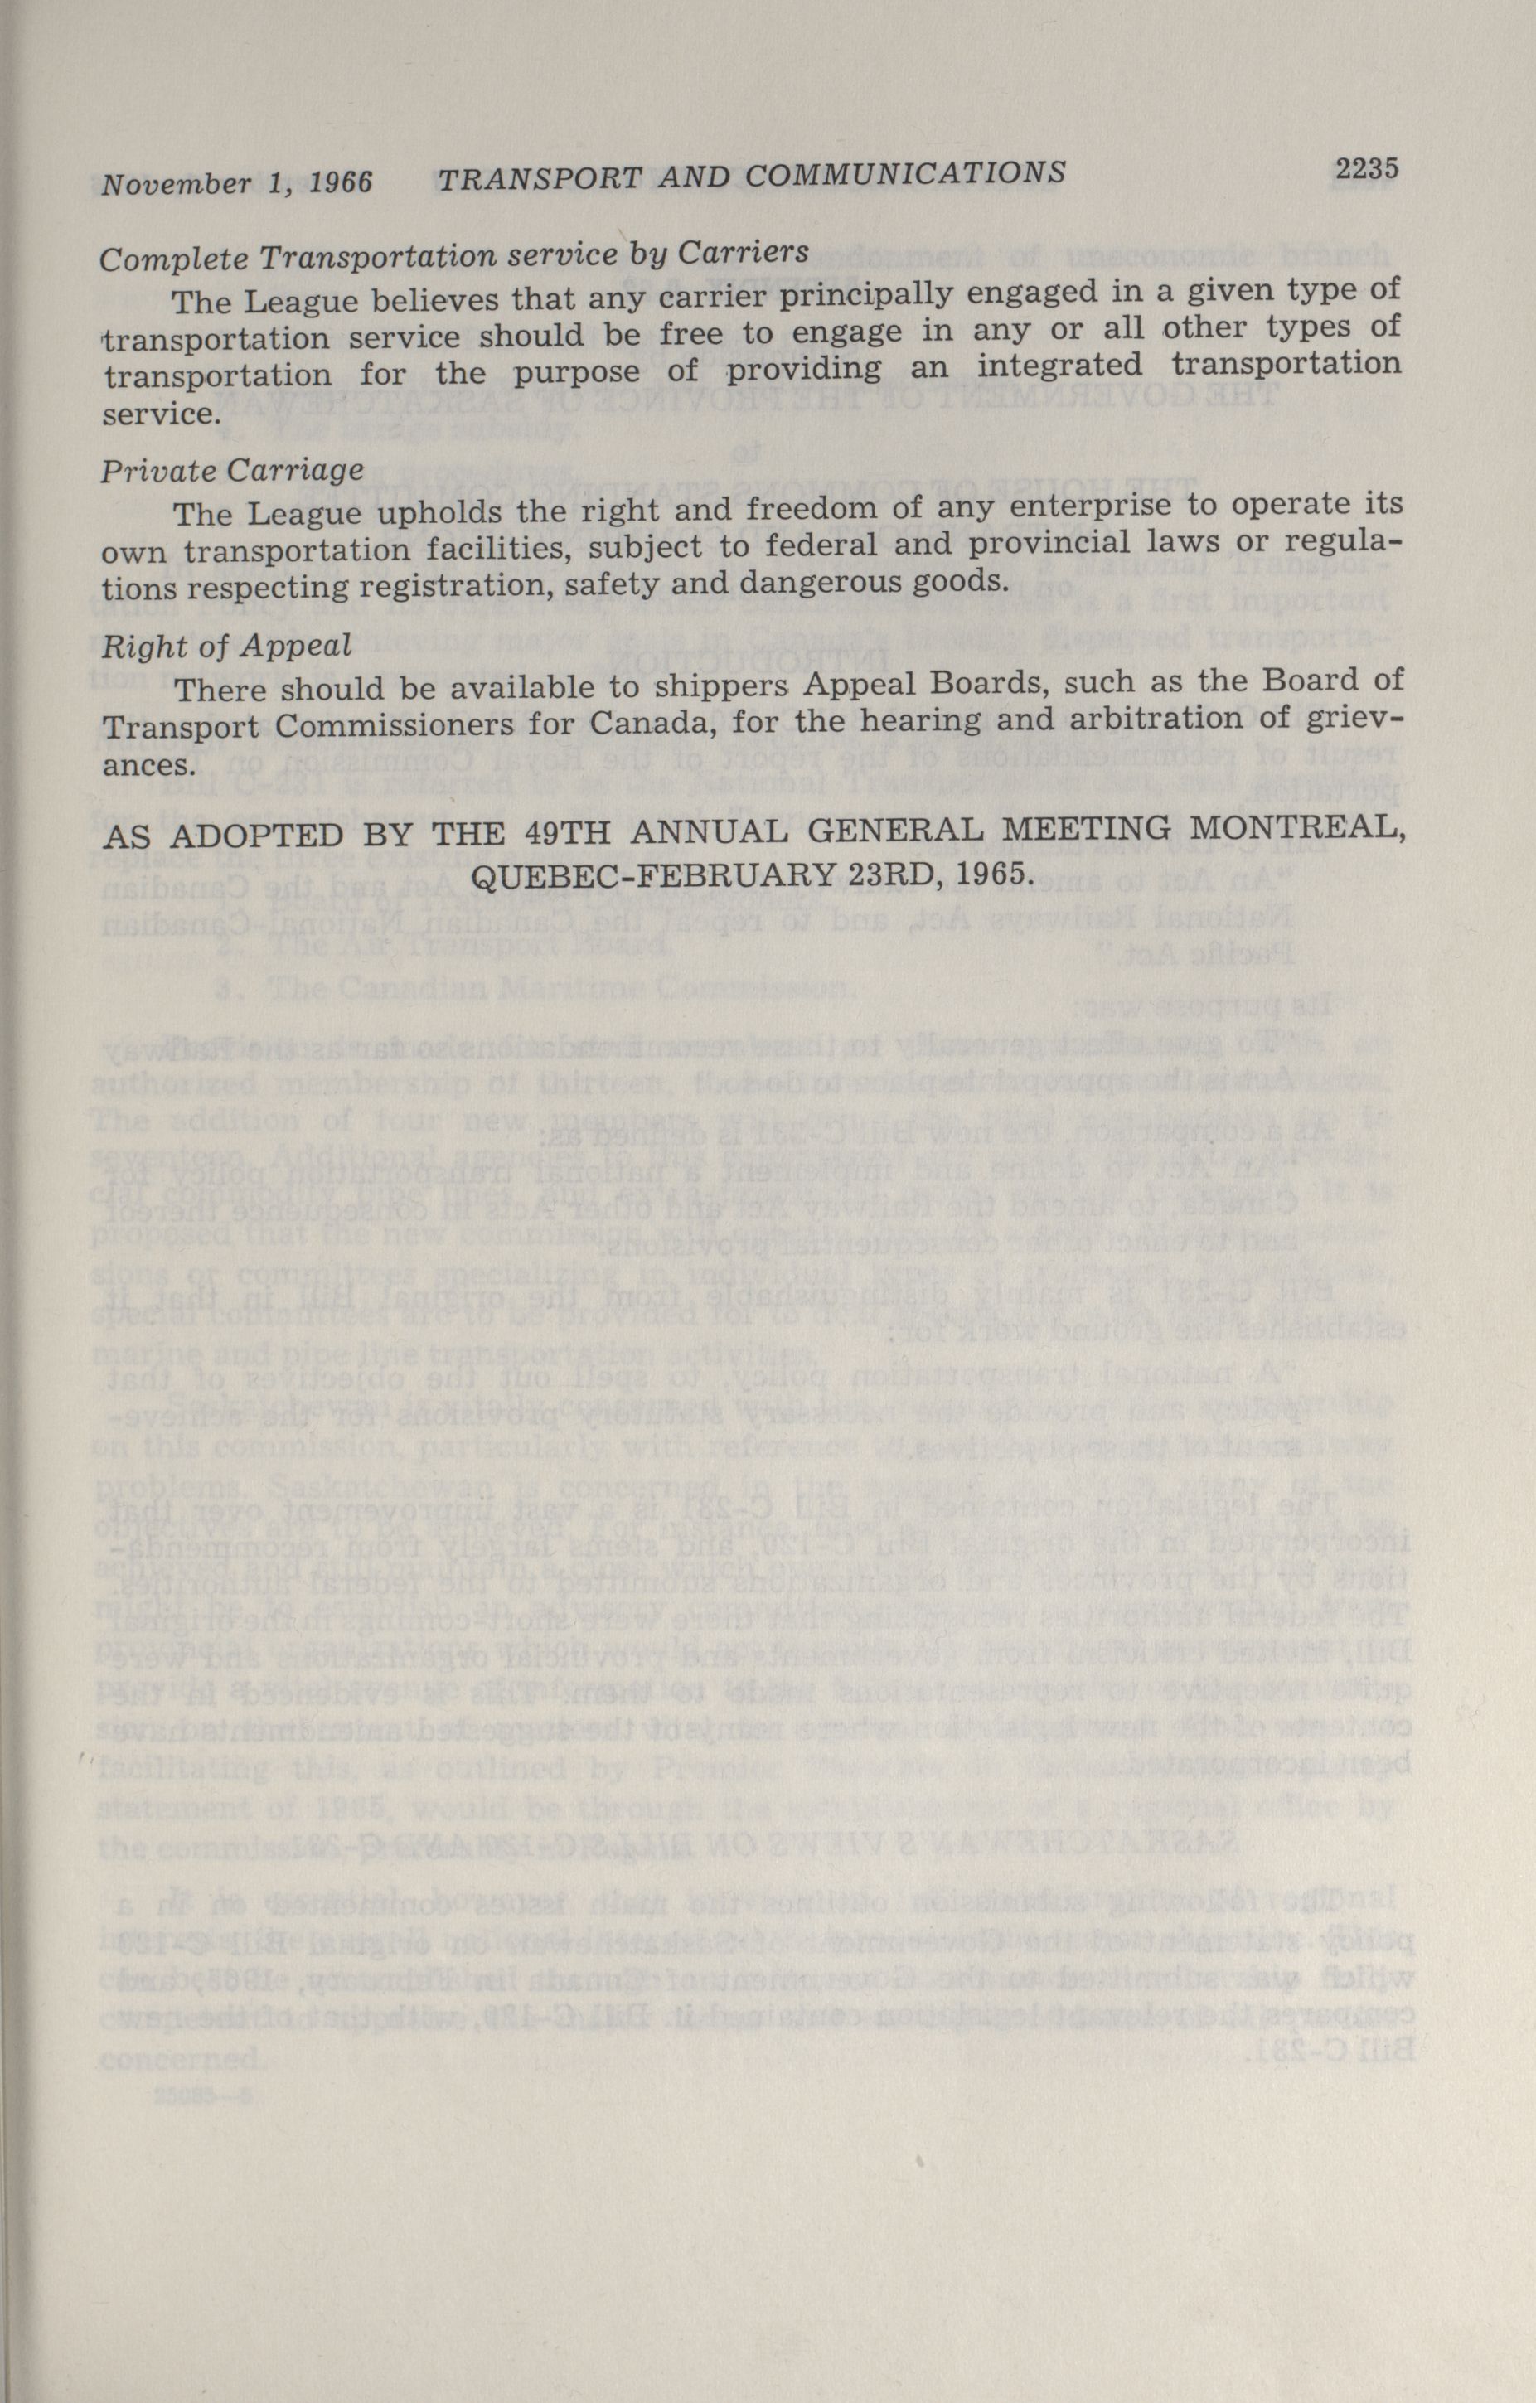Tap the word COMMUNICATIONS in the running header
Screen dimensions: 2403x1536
point(904,175)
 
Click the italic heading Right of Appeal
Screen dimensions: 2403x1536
point(226,646)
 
